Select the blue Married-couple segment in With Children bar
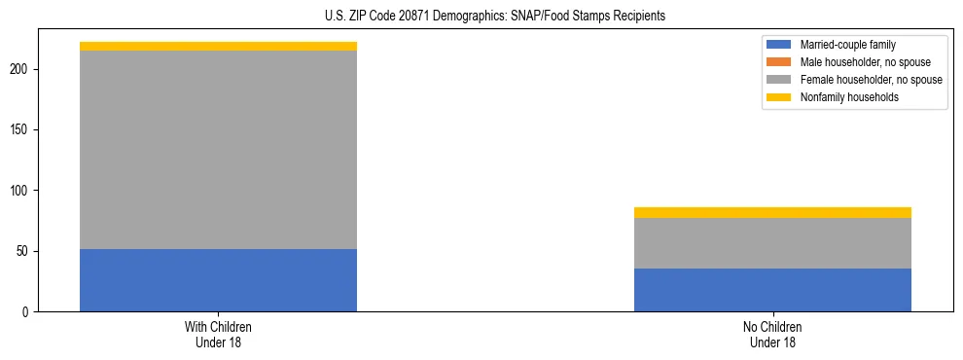218,280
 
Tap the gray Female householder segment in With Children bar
218,150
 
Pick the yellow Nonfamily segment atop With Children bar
218,46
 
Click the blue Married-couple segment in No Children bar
772,290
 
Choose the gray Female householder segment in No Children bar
772,243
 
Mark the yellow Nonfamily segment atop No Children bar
772,212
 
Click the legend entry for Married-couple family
847,45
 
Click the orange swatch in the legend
779,62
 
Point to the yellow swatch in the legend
779,97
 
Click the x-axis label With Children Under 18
218,335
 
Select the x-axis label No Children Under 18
772,335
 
